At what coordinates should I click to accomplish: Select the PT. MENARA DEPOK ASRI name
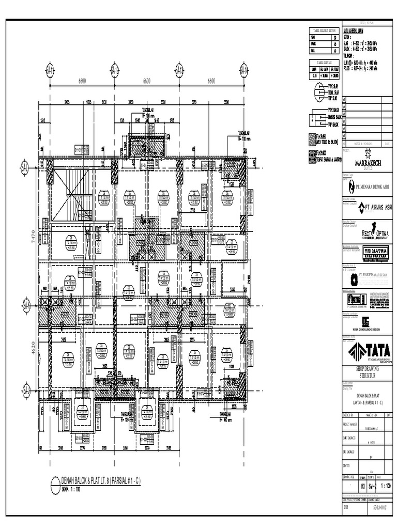370,186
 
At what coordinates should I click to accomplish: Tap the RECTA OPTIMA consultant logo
368,231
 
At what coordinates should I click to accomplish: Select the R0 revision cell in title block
363,486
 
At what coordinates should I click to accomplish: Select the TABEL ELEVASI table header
324,61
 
